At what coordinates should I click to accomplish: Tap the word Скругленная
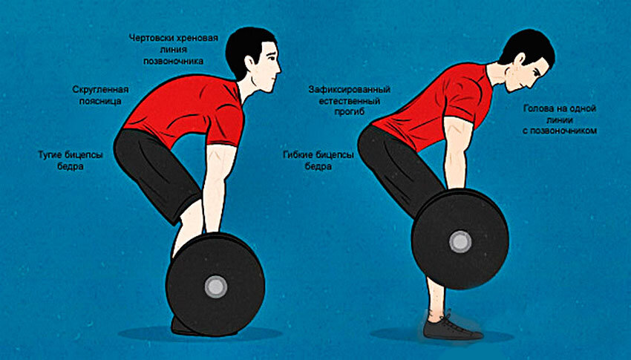[x=101, y=89]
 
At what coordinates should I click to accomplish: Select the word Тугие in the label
[x=50, y=155]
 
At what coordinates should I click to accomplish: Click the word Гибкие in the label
[x=298, y=155]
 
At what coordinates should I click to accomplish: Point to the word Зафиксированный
[x=350, y=89]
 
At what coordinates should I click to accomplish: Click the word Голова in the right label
[x=539, y=108]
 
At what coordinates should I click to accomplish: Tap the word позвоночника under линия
[x=174, y=62]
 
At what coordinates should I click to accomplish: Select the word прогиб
[x=350, y=112]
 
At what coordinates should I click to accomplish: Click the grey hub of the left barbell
[x=216, y=287]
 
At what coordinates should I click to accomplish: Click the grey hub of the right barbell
[x=460, y=242]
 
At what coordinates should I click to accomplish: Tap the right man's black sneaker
[x=451, y=328]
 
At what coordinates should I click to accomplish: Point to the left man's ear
[x=250, y=62]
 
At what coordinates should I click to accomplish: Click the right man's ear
[x=520, y=60]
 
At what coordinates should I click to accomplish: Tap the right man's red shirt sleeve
[x=465, y=96]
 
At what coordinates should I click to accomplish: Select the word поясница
[x=100, y=102]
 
